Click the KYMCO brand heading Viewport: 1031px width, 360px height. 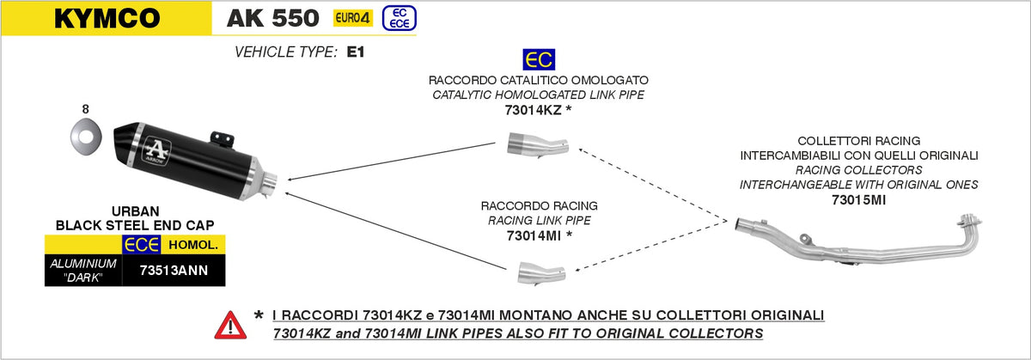(x=107, y=18)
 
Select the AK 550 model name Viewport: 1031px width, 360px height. (x=272, y=18)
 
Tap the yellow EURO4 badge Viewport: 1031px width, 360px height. (x=352, y=18)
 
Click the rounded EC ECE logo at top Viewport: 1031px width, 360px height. (x=399, y=18)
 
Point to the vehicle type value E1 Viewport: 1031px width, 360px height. (x=356, y=52)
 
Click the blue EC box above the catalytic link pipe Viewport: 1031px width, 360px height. (x=539, y=60)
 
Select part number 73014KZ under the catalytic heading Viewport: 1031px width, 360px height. (x=533, y=111)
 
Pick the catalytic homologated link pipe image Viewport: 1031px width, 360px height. (x=538, y=144)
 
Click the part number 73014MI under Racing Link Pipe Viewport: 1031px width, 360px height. (x=534, y=236)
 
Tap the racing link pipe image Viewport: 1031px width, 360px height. (x=541, y=273)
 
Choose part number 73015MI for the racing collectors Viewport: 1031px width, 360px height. (x=859, y=200)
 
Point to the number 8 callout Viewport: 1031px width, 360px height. (x=85, y=109)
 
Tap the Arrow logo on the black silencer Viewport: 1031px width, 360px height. (x=157, y=150)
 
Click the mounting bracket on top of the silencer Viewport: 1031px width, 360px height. (x=223, y=139)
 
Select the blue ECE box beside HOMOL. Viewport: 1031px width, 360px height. (x=141, y=245)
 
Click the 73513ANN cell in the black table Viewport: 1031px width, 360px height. (x=174, y=271)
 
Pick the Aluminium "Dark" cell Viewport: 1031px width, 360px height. (x=83, y=271)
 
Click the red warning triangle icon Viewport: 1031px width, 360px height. (x=230, y=326)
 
